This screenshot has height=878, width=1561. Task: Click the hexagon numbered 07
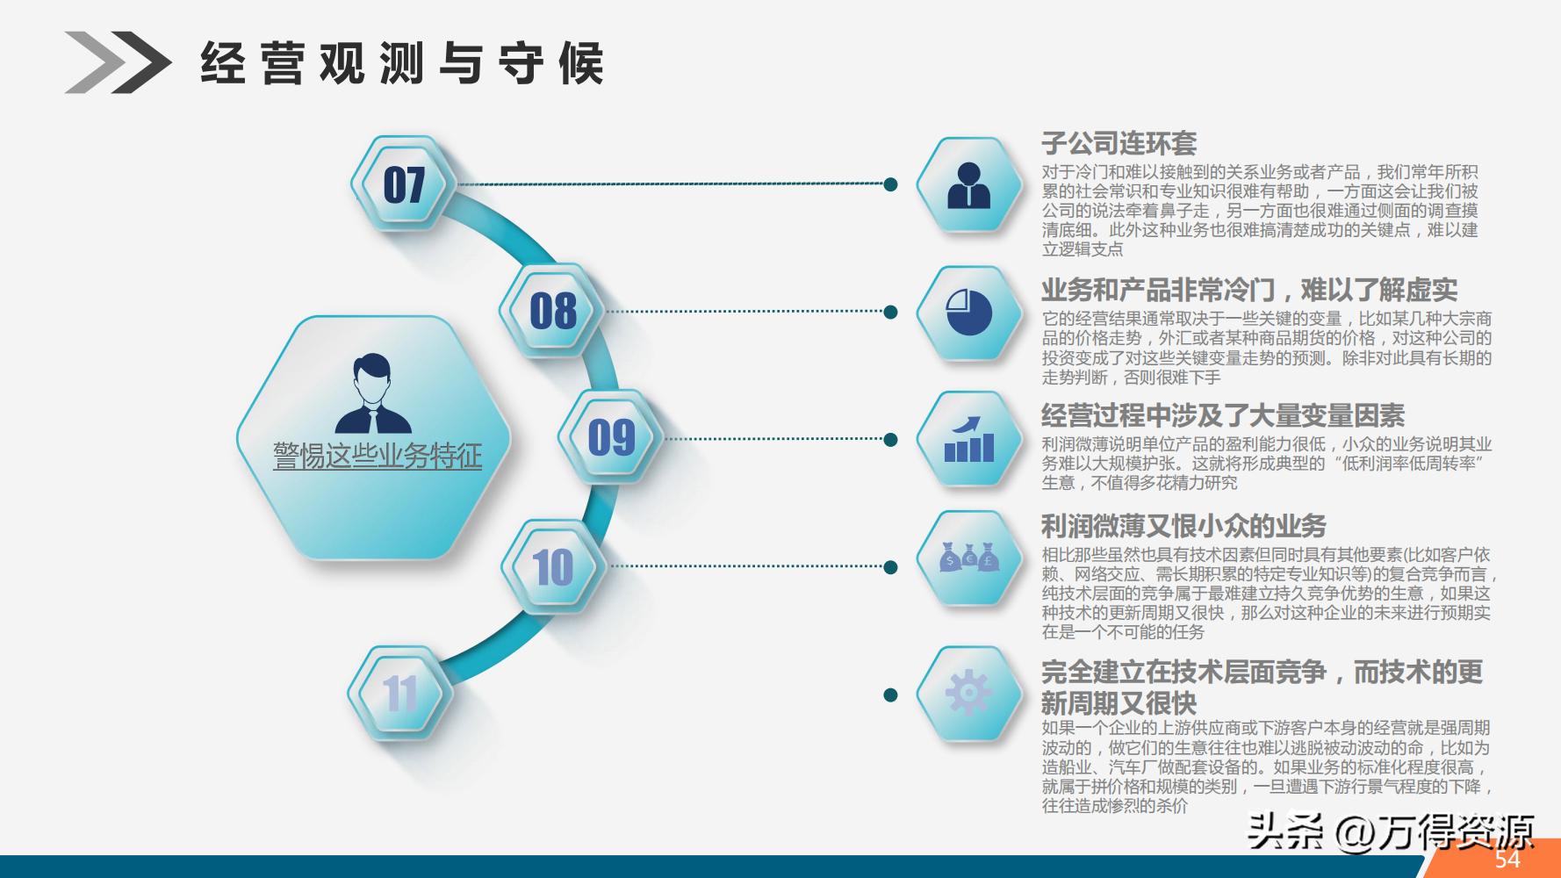point(404,184)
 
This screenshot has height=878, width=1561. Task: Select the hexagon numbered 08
point(552,312)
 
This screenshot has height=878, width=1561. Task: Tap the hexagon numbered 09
point(611,437)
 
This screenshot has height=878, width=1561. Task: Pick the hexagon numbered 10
point(553,566)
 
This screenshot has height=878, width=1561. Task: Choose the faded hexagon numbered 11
point(400,694)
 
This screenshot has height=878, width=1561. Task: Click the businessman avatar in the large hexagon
point(373,394)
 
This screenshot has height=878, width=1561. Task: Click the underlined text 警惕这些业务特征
point(378,456)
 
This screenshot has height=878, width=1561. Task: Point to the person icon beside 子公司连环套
point(969,185)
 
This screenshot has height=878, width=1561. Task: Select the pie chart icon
point(969,312)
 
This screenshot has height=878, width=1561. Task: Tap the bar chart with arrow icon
point(969,439)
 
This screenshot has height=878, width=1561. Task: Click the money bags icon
point(969,558)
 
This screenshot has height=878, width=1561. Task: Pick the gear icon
point(969,694)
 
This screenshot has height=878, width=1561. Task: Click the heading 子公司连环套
point(1119,143)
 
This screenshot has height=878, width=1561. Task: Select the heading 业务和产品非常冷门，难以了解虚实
point(1248,290)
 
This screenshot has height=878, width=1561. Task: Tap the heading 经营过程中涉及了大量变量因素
point(1222,415)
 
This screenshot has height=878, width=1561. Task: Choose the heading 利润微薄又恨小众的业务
point(1183,526)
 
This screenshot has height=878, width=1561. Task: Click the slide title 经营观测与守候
point(402,63)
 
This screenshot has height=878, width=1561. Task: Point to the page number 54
point(1507,859)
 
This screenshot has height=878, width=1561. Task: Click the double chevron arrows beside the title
point(118,62)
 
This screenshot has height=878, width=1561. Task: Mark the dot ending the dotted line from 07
point(890,184)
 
